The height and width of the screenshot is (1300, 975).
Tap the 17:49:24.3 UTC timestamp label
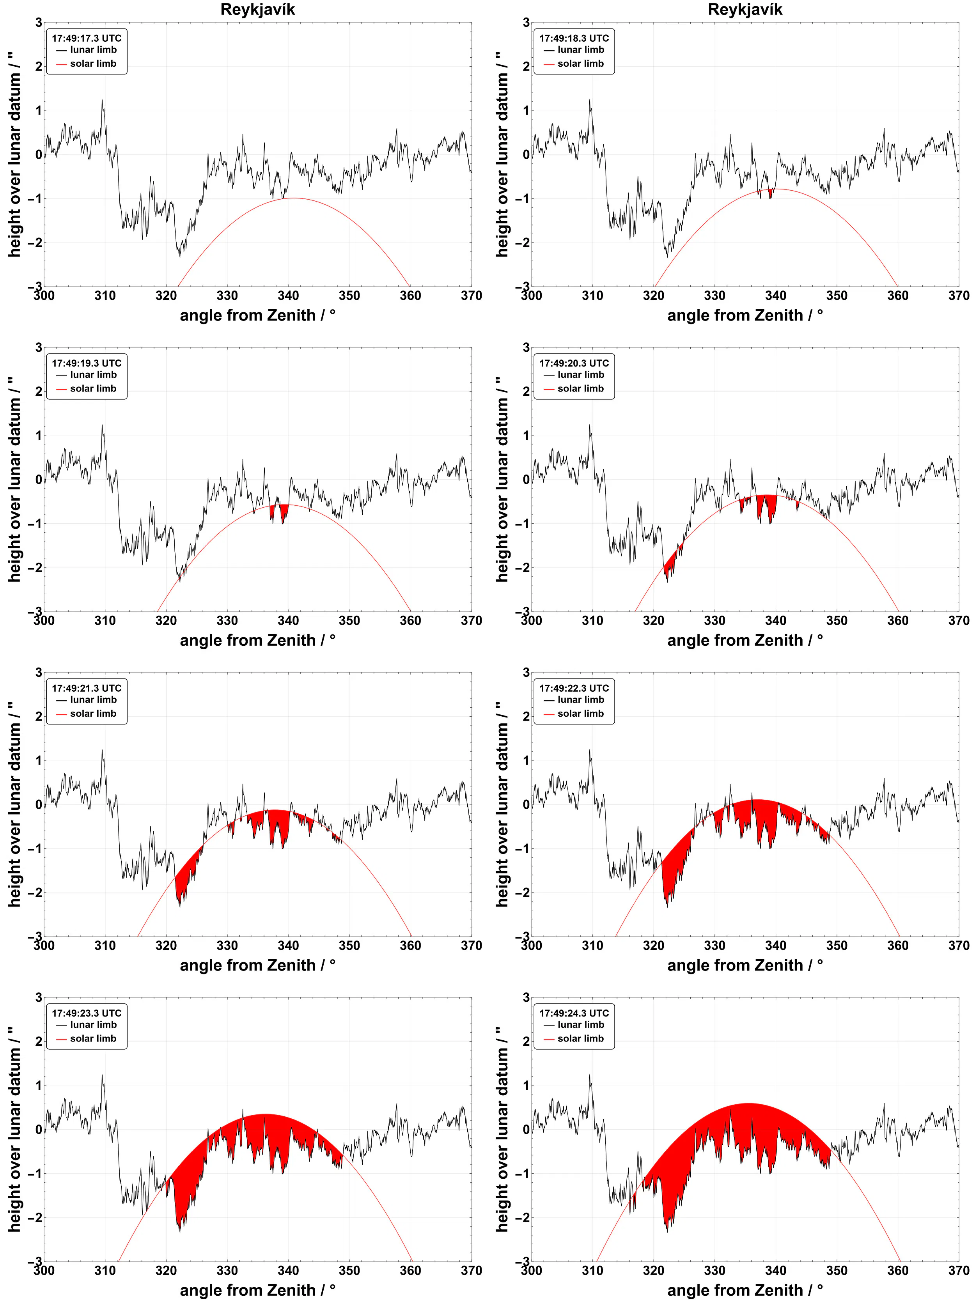click(x=574, y=1013)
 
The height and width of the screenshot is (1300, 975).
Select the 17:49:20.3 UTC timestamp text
click(x=574, y=363)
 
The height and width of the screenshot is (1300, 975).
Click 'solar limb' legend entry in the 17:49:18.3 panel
click(x=580, y=64)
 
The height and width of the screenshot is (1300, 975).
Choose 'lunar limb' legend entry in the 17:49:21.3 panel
click(x=93, y=700)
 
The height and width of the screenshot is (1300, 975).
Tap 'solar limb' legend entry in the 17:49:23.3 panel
click(x=93, y=1038)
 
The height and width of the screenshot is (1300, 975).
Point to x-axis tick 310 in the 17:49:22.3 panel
click(x=592, y=946)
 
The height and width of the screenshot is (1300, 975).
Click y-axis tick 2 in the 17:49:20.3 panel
click(x=526, y=391)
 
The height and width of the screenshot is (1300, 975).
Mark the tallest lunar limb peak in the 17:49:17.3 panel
click(x=102, y=100)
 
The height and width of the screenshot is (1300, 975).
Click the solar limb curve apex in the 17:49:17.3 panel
click(x=292, y=198)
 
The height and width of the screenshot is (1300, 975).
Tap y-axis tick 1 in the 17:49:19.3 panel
click(x=39, y=436)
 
